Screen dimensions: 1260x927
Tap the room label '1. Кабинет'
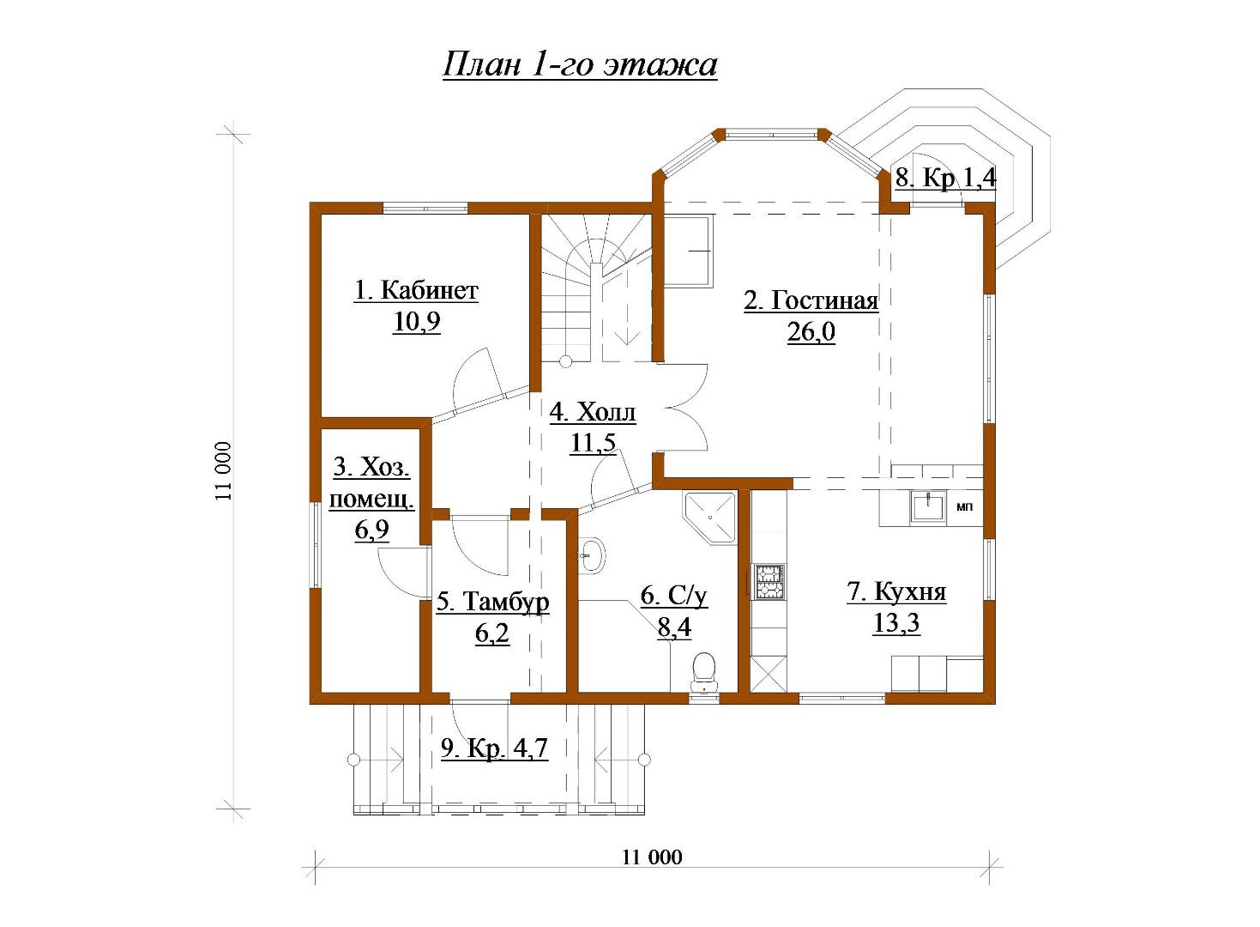[416, 291]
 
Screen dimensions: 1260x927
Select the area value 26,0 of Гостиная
[811, 332]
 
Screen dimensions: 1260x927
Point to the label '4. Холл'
[593, 412]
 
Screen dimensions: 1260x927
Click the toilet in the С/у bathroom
[703, 671]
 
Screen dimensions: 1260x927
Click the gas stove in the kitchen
[769, 581]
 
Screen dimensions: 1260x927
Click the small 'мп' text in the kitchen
[965, 507]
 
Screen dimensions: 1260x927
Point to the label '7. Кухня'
[896, 592]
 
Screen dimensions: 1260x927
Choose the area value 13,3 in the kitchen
[896, 623]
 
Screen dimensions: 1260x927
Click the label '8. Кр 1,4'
[945, 178]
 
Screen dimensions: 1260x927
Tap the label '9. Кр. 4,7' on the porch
[494, 748]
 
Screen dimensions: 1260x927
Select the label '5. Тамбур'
[492, 602]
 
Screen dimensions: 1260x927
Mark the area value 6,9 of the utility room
[371, 530]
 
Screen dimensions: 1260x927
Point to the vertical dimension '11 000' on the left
[223, 471]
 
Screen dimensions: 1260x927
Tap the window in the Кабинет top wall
[425, 208]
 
